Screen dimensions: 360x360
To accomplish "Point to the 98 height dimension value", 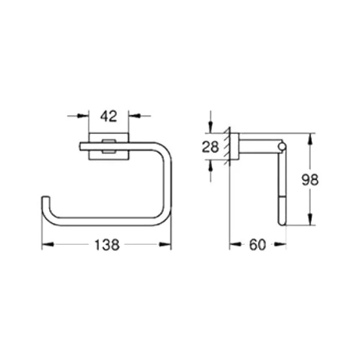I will [x=310, y=180].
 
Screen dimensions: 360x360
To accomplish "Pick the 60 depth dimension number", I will [x=256, y=245].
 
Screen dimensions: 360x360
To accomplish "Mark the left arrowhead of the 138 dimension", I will [x=46, y=245].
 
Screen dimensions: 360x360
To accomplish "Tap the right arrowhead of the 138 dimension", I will [x=167, y=245].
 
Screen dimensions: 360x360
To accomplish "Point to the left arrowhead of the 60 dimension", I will [x=234, y=245].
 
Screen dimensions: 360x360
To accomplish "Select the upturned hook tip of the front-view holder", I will [x=44, y=199].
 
